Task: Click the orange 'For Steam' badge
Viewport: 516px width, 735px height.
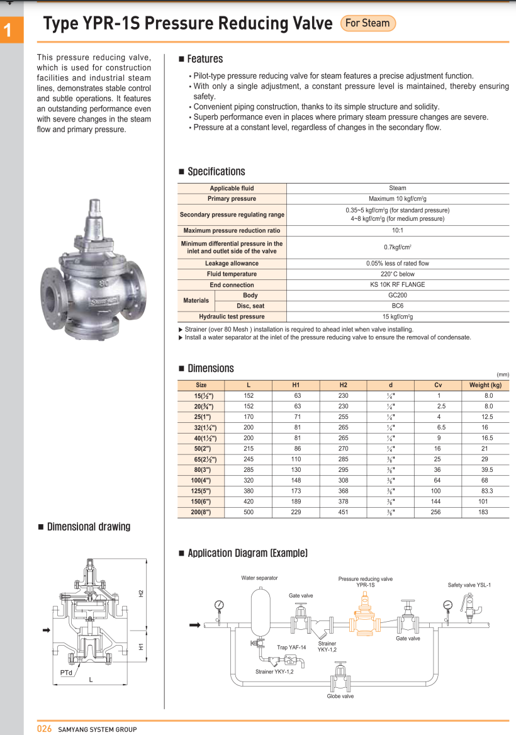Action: pos(367,23)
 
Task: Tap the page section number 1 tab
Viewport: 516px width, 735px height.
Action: pos(11,30)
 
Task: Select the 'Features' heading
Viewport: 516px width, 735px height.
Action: pos(205,59)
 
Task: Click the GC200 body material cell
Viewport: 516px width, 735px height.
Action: pos(397,295)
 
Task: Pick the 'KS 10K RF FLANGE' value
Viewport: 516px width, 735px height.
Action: pos(397,284)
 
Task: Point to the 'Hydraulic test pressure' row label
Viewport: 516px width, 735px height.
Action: pos(232,317)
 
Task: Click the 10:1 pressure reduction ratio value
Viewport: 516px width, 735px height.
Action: pos(397,230)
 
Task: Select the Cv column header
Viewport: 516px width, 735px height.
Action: pos(438,385)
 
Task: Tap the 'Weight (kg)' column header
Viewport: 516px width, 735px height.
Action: pos(485,385)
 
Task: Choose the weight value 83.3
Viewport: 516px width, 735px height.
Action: pos(485,491)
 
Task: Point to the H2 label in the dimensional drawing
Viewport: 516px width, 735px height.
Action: pos(142,593)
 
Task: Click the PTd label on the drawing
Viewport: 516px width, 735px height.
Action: pos(67,672)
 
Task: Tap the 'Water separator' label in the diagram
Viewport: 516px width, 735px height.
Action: pos(259,578)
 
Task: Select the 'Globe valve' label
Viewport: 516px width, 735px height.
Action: pos(340,696)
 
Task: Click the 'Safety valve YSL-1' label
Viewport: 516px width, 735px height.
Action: pos(469,585)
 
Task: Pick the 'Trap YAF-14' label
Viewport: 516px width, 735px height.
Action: pos(291,647)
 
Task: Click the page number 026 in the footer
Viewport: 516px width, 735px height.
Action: pos(44,729)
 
